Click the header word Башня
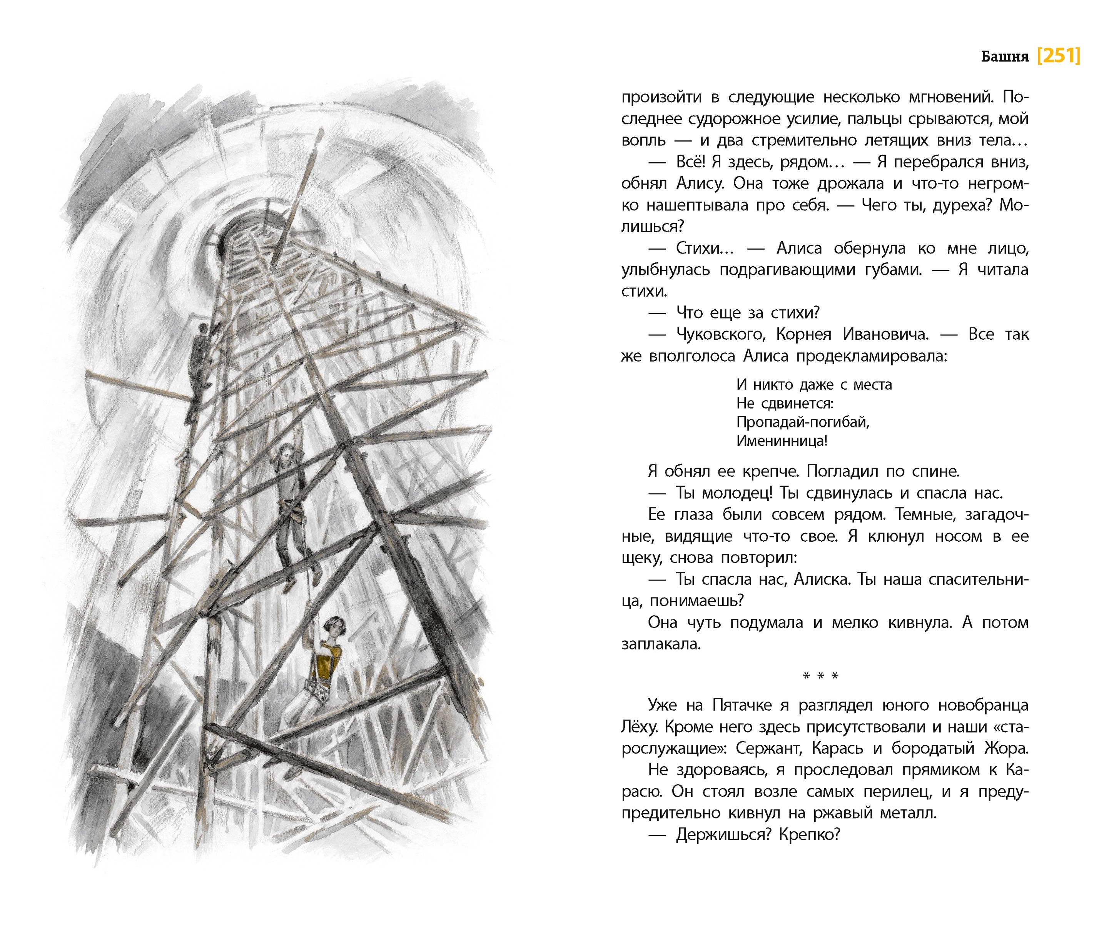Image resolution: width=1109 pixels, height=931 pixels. coord(1004,57)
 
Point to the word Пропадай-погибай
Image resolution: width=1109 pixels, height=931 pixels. coord(802,422)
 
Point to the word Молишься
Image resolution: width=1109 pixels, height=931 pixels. coord(652,227)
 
